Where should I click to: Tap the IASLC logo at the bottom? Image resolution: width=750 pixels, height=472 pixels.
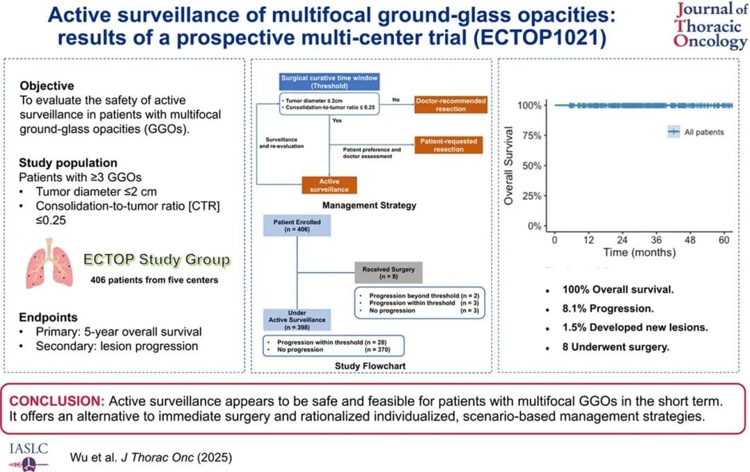(28, 454)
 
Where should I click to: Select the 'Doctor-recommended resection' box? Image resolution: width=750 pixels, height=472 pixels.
(451, 105)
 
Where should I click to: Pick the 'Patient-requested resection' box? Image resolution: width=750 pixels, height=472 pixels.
(449, 145)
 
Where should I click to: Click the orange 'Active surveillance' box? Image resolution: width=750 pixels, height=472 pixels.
(329, 184)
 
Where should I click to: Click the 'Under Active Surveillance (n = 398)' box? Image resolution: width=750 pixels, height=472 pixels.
(297, 320)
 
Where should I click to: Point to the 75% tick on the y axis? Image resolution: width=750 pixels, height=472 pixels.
(531, 135)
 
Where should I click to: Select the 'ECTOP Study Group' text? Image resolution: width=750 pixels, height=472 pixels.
(157, 260)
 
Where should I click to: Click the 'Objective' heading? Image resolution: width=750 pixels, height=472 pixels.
(47, 86)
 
